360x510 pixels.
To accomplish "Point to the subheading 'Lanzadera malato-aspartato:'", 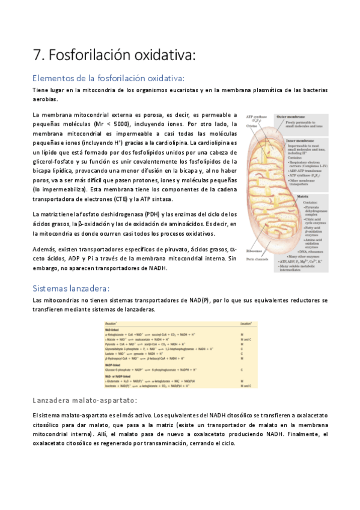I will tap(85, 401).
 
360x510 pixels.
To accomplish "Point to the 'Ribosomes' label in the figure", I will tap(254, 251).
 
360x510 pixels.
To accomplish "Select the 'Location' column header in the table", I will tap(246, 324).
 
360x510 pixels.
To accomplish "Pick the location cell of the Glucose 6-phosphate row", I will tap(242, 369).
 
